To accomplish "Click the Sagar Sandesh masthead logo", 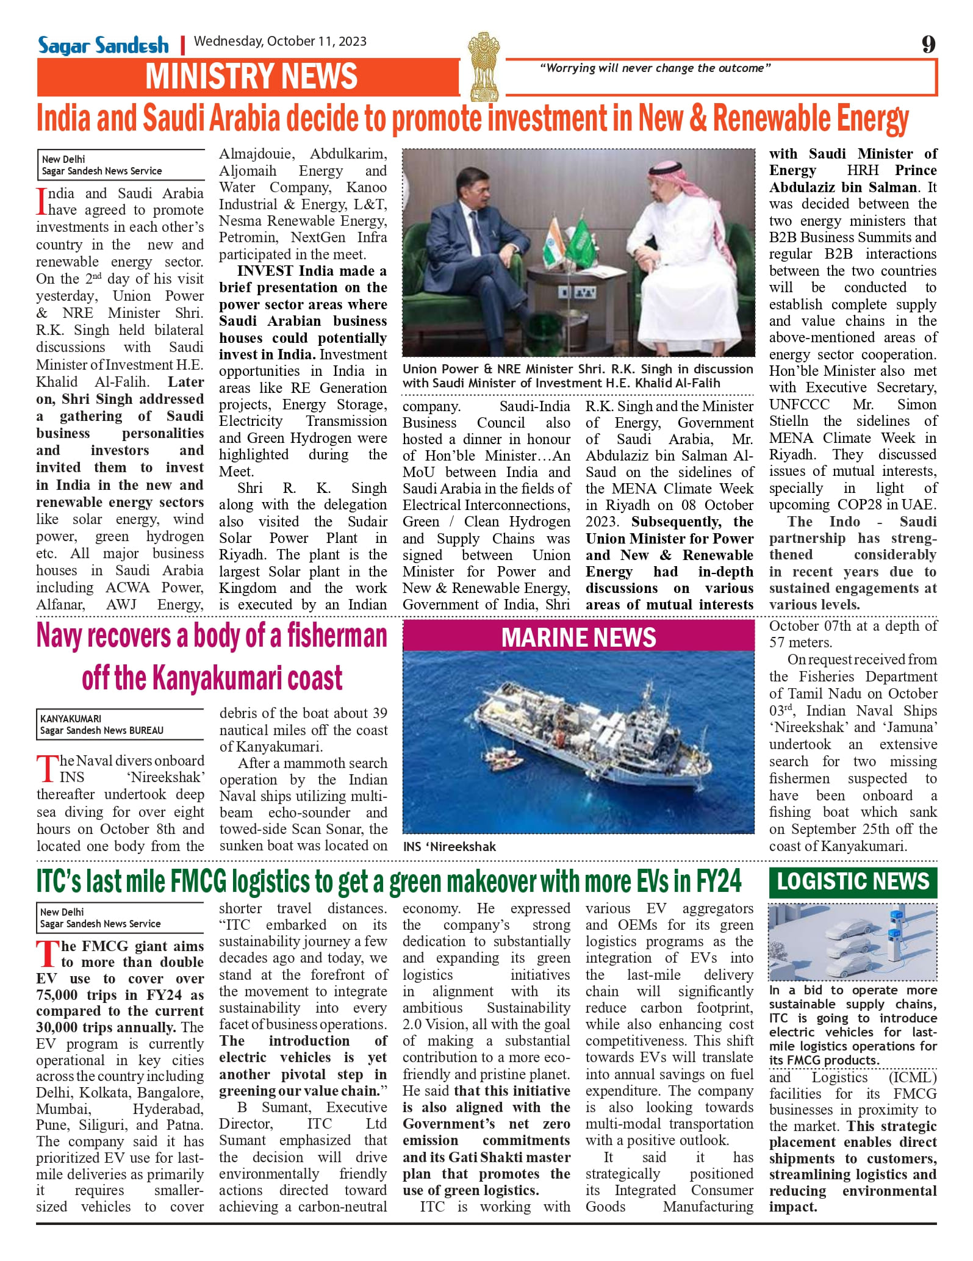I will click(103, 45).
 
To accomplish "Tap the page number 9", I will click(928, 44).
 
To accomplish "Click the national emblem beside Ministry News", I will click(484, 66).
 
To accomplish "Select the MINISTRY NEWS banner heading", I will click(251, 77).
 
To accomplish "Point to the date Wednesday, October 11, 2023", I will click(280, 41).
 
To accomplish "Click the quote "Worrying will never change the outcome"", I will click(655, 68).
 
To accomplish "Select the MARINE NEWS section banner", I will click(578, 638).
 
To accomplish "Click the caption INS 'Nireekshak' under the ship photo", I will click(450, 847).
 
